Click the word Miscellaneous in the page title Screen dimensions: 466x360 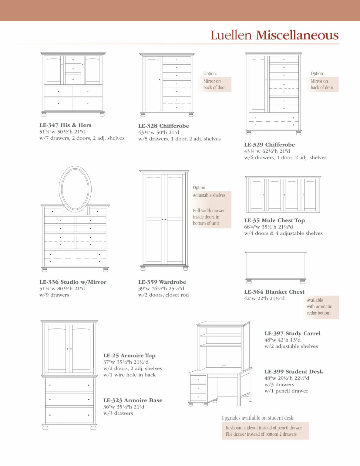pos(297,35)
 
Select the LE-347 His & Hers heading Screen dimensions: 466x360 pos(66,125)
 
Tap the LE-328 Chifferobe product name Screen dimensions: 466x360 pos(163,126)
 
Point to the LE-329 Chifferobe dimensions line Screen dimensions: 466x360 pos(267,151)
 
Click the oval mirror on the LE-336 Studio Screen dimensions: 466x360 pos(75,189)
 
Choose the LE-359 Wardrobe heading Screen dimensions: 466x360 pos(162,282)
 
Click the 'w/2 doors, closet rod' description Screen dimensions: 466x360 pos(163,295)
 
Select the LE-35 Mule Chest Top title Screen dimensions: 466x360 pos(274,220)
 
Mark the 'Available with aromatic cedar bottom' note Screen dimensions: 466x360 pos(319,306)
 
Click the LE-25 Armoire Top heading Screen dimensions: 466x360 pos(129,355)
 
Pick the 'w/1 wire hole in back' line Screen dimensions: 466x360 pos(130,375)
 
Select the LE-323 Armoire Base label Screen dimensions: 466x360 pos(133,400)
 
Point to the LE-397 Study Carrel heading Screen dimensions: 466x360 pos(292,333)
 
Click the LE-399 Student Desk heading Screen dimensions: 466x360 pos(294,371)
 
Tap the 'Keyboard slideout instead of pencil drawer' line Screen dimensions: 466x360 pos(264,427)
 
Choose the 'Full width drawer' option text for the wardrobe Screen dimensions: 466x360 pos(209,217)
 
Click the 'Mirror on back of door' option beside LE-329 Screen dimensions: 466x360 pos(322,84)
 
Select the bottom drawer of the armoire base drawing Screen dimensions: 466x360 pos(69,415)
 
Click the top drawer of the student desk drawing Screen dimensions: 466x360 pos(198,379)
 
